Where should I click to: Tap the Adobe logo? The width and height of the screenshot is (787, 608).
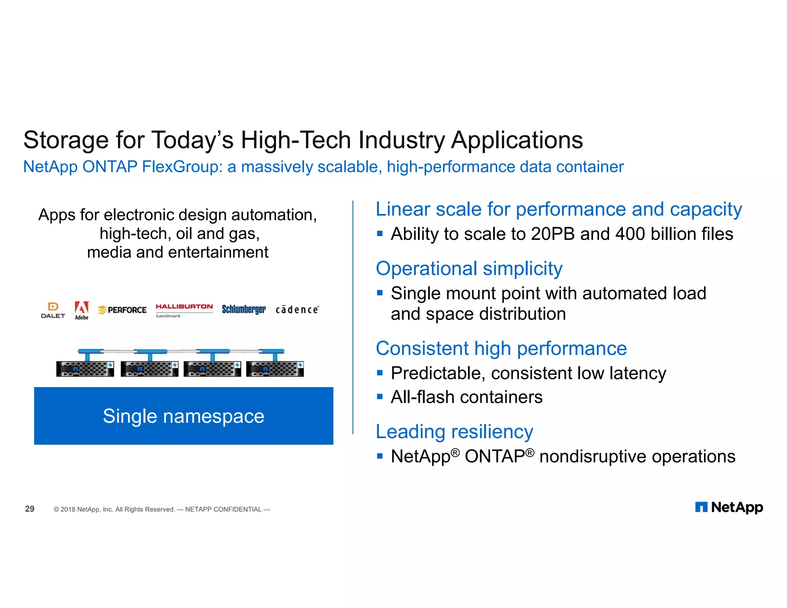click(x=81, y=311)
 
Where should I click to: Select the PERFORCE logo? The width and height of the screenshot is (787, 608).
click(x=122, y=310)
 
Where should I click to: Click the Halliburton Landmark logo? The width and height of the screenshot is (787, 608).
click(x=184, y=310)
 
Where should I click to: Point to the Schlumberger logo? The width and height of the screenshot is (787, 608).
click(x=244, y=309)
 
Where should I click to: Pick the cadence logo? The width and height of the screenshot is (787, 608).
click(x=297, y=310)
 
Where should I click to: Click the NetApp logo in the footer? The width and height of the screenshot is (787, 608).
click(x=729, y=507)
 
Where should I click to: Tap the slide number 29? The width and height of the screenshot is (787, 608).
click(x=30, y=509)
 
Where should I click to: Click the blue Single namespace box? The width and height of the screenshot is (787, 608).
click(x=184, y=416)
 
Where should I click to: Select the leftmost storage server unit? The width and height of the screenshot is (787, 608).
click(x=85, y=369)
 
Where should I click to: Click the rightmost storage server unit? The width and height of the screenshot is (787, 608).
click(x=275, y=369)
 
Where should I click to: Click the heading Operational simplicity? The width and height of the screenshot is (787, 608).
click(x=469, y=268)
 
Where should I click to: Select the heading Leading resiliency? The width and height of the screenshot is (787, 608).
click(x=454, y=432)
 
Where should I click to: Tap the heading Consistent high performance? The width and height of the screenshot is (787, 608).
click(x=501, y=349)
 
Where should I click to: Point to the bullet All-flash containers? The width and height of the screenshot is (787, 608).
click(x=467, y=397)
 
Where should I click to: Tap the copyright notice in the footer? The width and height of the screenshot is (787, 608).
click(x=161, y=509)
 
